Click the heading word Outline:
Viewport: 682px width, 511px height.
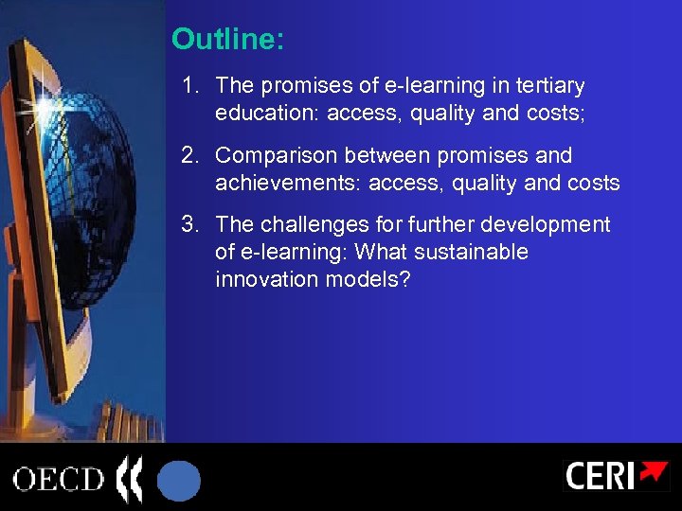click(x=227, y=40)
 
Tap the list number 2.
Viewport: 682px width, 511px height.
click(x=189, y=155)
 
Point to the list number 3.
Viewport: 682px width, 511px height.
click(x=189, y=224)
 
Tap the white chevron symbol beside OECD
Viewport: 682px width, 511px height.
click(x=129, y=478)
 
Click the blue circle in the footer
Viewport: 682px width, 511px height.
click(x=178, y=480)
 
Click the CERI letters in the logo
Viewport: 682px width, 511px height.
click(x=601, y=475)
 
